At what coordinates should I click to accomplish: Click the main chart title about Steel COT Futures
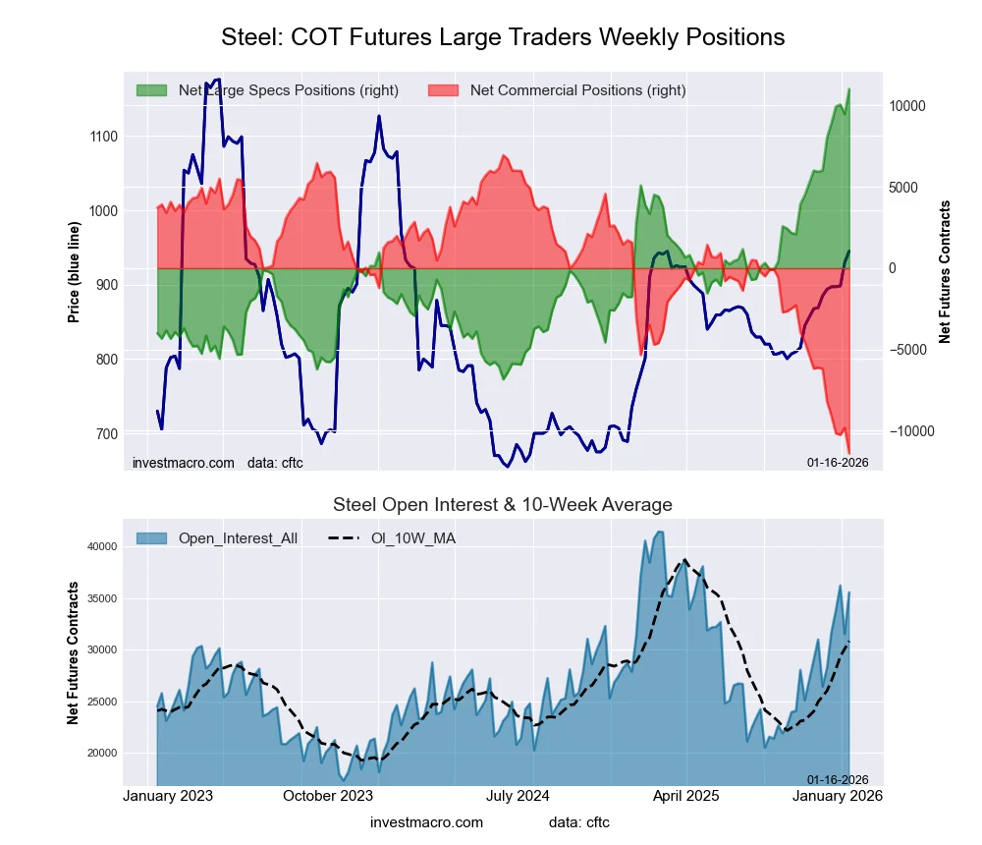[503, 37]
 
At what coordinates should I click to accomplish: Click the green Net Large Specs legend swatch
[151, 90]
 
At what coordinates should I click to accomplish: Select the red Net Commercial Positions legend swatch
[444, 90]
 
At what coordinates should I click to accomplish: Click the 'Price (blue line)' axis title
[74, 268]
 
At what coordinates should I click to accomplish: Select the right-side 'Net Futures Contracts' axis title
[945, 271]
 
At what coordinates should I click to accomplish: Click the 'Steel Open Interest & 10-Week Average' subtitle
[503, 505]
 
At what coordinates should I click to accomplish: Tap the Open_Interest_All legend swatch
[151, 538]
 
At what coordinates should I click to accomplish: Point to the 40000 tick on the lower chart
[99, 547]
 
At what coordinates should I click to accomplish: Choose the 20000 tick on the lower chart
[99, 753]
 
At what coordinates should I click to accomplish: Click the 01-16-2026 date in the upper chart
[838, 462]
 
